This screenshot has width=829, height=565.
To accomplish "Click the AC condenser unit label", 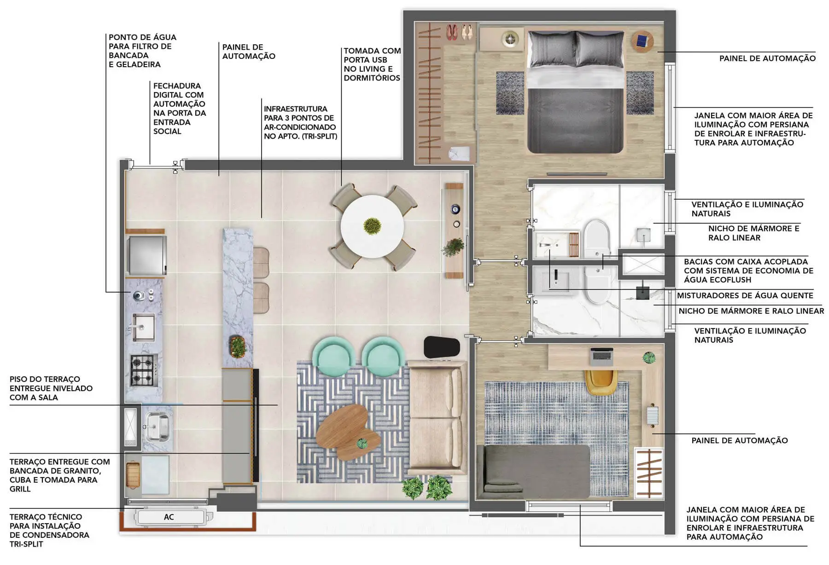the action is (x=169, y=517).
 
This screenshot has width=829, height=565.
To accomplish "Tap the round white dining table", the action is (x=372, y=226).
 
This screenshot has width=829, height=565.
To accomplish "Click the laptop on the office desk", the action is (x=601, y=356).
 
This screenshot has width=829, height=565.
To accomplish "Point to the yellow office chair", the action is (x=601, y=381).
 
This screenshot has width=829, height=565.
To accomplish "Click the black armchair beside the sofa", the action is (x=442, y=346).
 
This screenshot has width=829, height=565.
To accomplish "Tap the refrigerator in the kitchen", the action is (x=147, y=255).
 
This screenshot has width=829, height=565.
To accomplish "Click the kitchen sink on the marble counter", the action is (x=143, y=326).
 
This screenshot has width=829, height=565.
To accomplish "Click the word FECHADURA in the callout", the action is (x=177, y=86).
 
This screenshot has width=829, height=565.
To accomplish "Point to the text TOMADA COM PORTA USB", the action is (x=372, y=55).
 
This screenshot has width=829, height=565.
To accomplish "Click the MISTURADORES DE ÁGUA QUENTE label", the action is (x=745, y=295).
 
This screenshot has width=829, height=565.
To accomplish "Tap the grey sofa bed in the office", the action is (x=533, y=472).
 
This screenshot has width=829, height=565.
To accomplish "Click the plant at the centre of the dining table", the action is (x=372, y=226).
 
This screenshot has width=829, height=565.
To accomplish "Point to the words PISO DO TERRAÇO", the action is (x=45, y=379).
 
